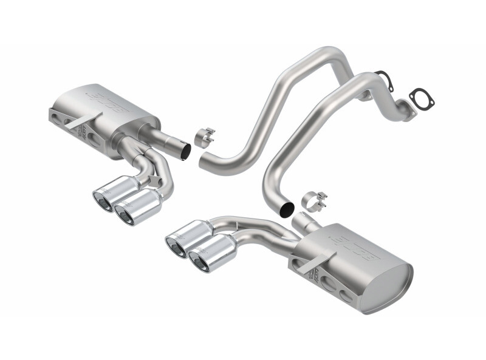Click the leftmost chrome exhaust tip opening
click(101, 200)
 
